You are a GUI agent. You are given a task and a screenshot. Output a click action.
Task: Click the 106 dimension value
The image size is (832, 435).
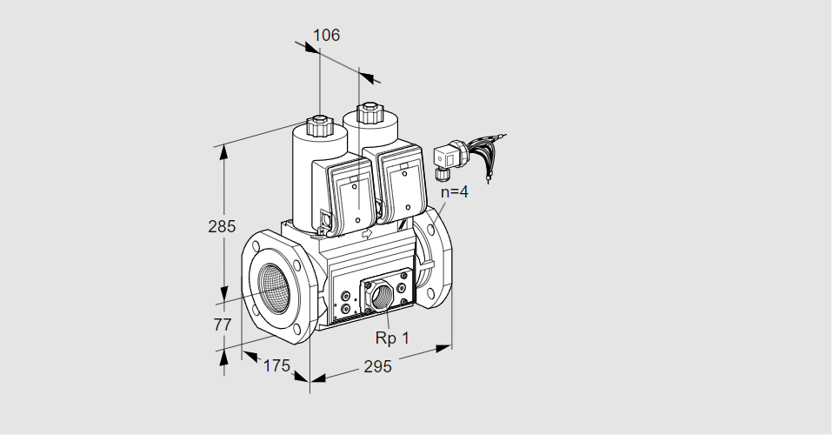tap(326, 35)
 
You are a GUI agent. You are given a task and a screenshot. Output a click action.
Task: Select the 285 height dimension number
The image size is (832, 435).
tap(222, 227)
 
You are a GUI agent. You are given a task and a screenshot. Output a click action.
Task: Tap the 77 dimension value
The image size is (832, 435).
tap(223, 325)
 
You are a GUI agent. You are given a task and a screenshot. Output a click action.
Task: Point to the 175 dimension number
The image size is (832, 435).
tap(277, 366)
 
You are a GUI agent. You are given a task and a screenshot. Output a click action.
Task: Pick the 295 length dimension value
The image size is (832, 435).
tap(377, 366)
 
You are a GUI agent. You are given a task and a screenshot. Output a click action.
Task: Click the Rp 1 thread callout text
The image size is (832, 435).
tap(392, 338)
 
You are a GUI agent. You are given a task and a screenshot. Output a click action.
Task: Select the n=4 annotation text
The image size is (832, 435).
tap(455, 191)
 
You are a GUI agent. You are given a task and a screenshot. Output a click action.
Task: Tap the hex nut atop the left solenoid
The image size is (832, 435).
tap(319, 126)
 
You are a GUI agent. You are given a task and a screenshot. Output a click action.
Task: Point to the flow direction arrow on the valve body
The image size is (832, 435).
tap(367, 234)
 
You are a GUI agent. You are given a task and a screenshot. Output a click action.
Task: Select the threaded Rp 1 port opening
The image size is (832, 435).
tap(382, 295)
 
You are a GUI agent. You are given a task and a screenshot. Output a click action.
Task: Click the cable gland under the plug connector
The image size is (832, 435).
tap(441, 172)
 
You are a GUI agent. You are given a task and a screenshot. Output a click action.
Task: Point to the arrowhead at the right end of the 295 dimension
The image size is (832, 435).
tap(443, 348)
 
